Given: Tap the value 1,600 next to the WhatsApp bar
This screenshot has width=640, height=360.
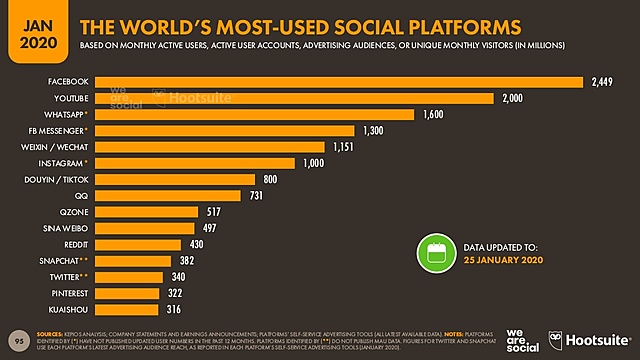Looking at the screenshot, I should coord(434,114).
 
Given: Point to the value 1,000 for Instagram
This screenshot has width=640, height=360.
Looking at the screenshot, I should coord(315,163).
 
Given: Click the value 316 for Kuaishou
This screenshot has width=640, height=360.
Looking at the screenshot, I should coord(202,309).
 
